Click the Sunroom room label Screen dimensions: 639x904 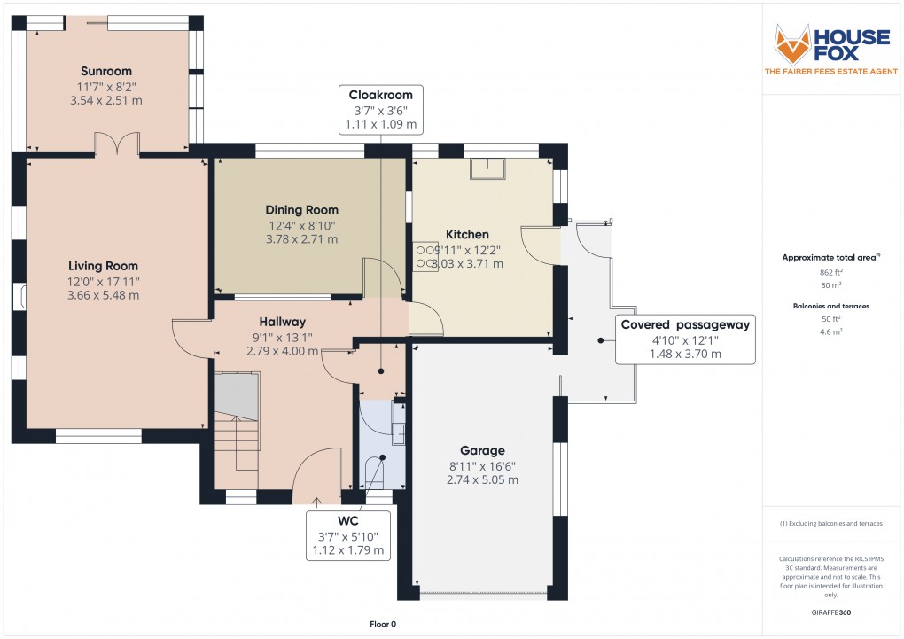105,71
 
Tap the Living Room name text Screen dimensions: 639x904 103,266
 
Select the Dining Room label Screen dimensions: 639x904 302,210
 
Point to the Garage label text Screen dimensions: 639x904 483,450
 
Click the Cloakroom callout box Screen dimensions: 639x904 380,109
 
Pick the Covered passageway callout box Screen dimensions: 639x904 685,339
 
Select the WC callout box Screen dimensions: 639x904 347,535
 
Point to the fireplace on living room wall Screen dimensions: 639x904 19,297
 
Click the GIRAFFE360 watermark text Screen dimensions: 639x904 830,612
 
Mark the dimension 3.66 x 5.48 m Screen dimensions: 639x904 103,295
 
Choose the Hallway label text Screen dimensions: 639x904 282,322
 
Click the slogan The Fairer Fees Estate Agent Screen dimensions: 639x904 830,71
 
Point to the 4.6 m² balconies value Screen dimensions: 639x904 830,331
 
